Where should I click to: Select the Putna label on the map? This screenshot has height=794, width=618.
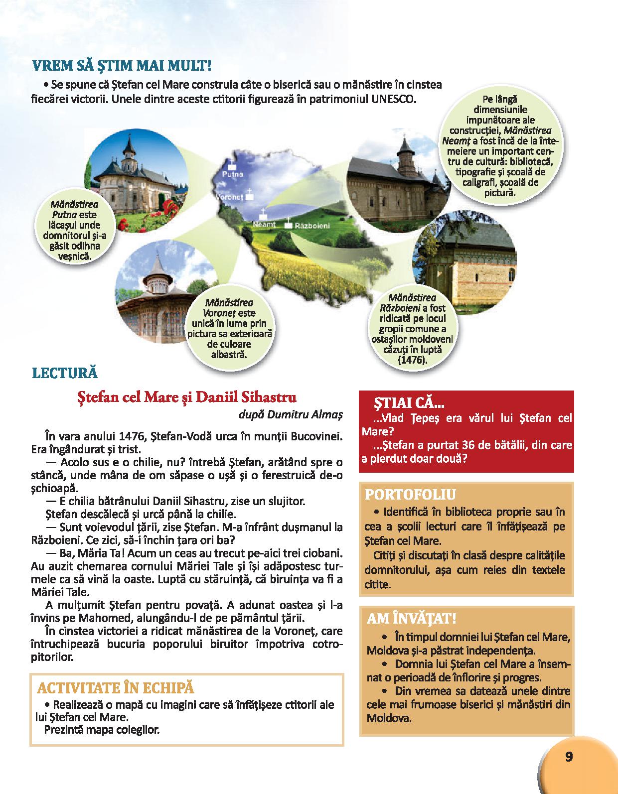(x=232, y=174)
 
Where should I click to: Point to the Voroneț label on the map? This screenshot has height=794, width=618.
(x=229, y=197)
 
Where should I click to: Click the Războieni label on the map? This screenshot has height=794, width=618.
(x=312, y=226)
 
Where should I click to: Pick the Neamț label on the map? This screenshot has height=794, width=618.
(x=264, y=225)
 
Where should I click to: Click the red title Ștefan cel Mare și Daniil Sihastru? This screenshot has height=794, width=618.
(x=186, y=397)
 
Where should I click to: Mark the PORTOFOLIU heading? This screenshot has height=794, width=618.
(x=410, y=495)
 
